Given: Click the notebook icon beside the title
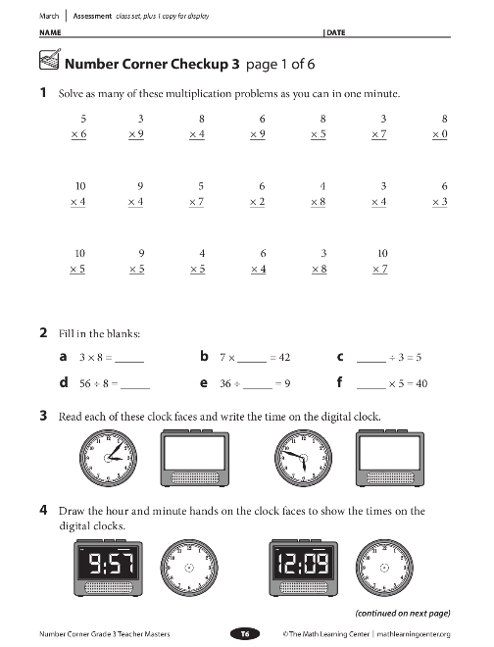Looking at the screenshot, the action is [50, 60].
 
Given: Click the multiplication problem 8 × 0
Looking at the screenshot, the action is [440, 126].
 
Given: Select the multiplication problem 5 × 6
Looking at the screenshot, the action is [78, 126].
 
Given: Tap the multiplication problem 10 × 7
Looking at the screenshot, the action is [380, 261].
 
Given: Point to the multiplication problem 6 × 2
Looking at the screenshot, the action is [257, 194].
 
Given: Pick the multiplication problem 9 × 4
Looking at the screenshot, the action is [136, 194].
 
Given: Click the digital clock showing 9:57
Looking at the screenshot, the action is [109, 568].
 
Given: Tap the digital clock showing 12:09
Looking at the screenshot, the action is [304, 568].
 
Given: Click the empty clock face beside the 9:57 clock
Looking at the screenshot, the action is [189, 568].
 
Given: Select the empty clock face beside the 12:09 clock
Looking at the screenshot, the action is [384, 568].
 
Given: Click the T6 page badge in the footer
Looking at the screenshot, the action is [245, 634].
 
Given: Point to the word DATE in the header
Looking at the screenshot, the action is [336, 32].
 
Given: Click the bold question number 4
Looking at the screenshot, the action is [43, 511].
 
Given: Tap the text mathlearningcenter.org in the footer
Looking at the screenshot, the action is [414, 634].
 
